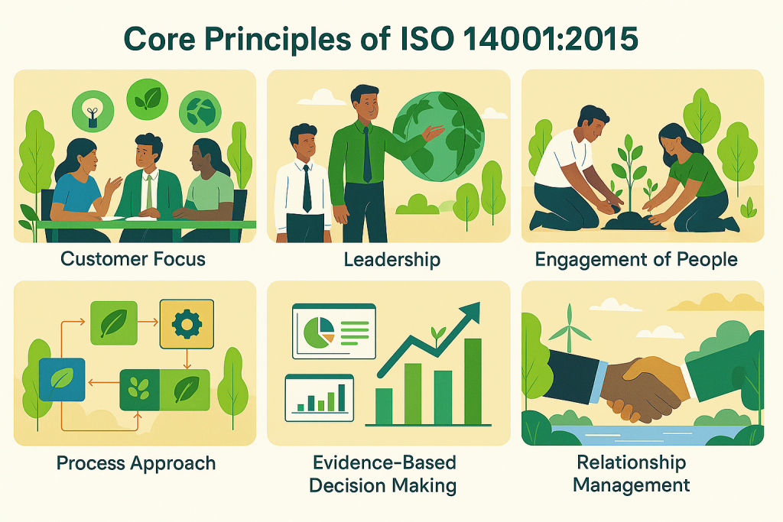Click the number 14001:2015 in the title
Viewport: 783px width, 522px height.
[551, 39]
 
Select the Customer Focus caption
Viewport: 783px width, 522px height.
[133, 259]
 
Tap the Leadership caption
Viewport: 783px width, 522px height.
[392, 260]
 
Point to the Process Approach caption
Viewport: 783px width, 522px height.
[136, 463]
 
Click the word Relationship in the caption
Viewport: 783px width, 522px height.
[631, 462]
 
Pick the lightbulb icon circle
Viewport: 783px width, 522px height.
[93, 112]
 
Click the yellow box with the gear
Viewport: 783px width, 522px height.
[187, 324]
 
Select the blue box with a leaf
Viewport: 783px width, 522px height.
[62, 380]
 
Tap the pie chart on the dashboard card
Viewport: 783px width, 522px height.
[319, 330]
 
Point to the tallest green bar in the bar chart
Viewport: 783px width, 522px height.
[473, 382]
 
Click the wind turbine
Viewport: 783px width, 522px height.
[569, 329]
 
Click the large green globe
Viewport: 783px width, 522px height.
[438, 136]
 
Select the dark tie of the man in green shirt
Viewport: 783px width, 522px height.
[367, 154]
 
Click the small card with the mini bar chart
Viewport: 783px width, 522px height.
[320, 397]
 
